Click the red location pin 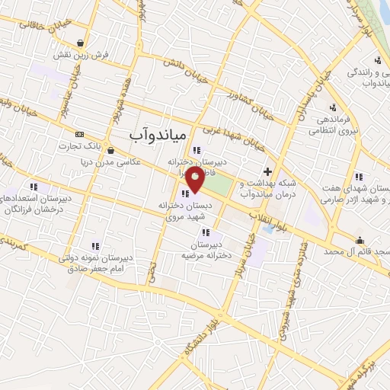pos(196,181)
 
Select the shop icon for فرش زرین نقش pos(81,43)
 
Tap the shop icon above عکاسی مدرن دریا pos(111,150)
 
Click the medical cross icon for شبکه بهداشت pos(267,172)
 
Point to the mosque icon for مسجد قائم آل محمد pos(360,241)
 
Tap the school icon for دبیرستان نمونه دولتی pos(95,245)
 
